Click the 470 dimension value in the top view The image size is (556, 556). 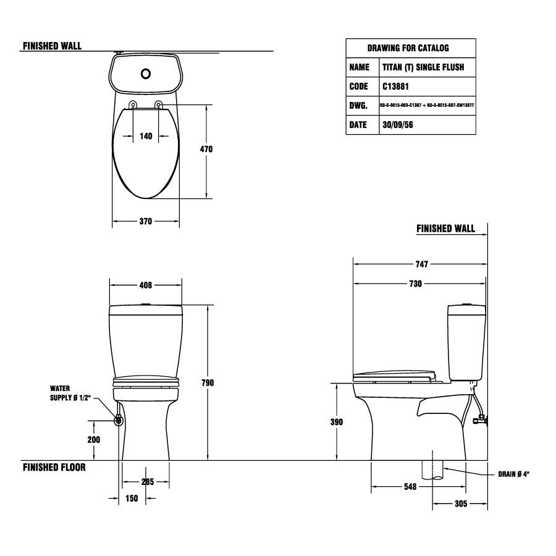[x=206, y=150]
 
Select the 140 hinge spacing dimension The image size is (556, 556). [x=146, y=137]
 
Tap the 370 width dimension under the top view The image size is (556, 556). [x=145, y=221]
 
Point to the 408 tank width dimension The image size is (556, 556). [x=146, y=285]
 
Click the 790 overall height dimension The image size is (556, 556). [x=208, y=383]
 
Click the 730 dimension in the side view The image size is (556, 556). [x=415, y=284]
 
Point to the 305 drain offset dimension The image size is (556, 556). [x=460, y=504]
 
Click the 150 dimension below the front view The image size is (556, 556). [x=132, y=499]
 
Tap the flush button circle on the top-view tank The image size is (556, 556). [x=146, y=74]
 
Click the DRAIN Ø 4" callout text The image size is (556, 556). [x=514, y=474]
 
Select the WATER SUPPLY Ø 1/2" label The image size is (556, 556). [x=70, y=394]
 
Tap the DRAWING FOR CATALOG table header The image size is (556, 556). [x=408, y=48]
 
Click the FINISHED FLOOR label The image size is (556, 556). [x=54, y=468]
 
